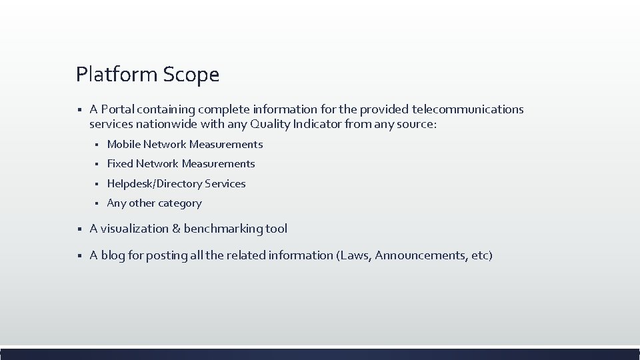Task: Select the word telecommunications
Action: [x=468, y=109]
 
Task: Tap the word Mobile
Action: [x=123, y=145]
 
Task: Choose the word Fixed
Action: [x=120, y=164]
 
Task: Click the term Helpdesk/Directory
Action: [x=155, y=184]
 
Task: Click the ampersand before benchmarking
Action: [x=176, y=229]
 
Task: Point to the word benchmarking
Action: [x=223, y=229]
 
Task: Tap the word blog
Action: [x=113, y=255]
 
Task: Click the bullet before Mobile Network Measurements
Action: [x=96, y=145]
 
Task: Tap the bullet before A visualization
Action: [x=79, y=229]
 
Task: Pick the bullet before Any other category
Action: [x=96, y=203]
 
